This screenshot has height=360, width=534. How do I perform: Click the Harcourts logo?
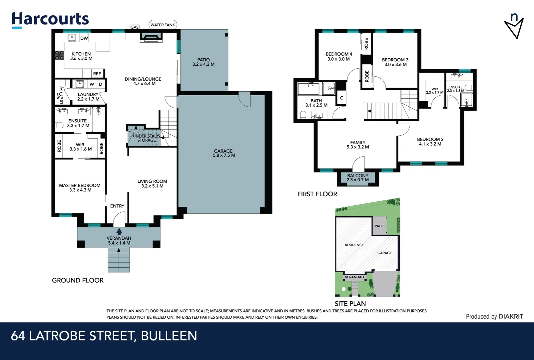pyautogui.click(x=50, y=19)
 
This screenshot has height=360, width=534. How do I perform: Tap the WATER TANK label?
pyautogui.click(x=163, y=25)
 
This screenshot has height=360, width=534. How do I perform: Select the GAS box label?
pyautogui.click(x=135, y=27)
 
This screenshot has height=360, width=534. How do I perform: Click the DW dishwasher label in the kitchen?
pyautogui.click(x=84, y=38)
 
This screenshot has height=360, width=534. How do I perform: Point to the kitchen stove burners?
pyautogui.click(x=59, y=55)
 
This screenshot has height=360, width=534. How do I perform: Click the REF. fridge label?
pyautogui.click(x=97, y=74)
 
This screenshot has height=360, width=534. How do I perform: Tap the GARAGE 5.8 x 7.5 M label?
pyautogui.click(x=224, y=153)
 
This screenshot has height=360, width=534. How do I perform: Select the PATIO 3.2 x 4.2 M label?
pyautogui.click(x=203, y=62)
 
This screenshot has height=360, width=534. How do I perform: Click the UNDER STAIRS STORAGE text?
pyautogui.click(x=147, y=138)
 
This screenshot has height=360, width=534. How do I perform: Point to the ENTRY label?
pyautogui.click(x=117, y=206)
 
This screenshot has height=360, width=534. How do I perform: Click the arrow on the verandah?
pyautogui.click(x=119, y=231)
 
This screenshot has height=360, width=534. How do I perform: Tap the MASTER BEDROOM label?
pyautogui.click(x=80, y=187)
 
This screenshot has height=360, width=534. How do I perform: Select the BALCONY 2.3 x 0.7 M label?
pyautogui.click(x=358, y=178)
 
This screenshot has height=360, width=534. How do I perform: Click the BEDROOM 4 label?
pyautogui.click(x=338, y=56)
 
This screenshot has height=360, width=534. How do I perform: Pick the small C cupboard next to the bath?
pyautogui.click(x=341, y=98)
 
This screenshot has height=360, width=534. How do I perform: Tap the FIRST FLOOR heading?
pyautogui.click(x=317, y=194)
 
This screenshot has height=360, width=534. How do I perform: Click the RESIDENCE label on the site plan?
pyautogui.click(x=354, y=245)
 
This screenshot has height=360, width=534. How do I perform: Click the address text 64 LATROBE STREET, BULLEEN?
pyautogui.click(x=104, y=336)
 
